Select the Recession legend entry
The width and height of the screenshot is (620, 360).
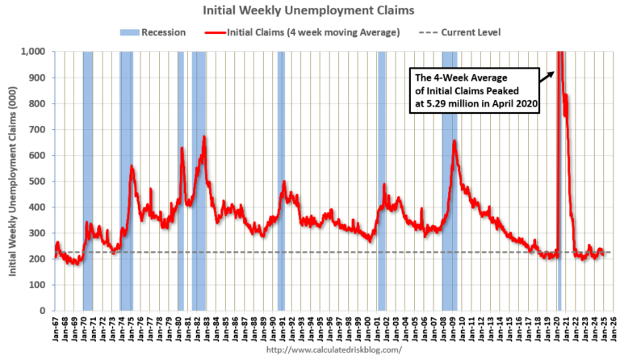click(x=156, y=32)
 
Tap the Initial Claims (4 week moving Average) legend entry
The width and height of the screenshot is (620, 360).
click(x=303, y=32)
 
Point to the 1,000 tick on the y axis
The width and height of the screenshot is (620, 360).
click(x=33, y=52)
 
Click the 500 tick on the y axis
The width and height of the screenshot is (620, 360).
click(x=37, y=181)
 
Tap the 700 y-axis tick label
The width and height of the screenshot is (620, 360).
click(x=37, y=129)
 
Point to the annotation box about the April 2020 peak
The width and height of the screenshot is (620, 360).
click(x=476, y=91)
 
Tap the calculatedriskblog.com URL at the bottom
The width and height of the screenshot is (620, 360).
click(x=333, y=351)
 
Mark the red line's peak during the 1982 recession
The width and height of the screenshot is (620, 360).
click(x=204, y=136)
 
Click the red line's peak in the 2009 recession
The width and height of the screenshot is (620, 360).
click(x=455, y=141)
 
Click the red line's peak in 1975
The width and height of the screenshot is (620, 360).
click(x=132, y=166)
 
